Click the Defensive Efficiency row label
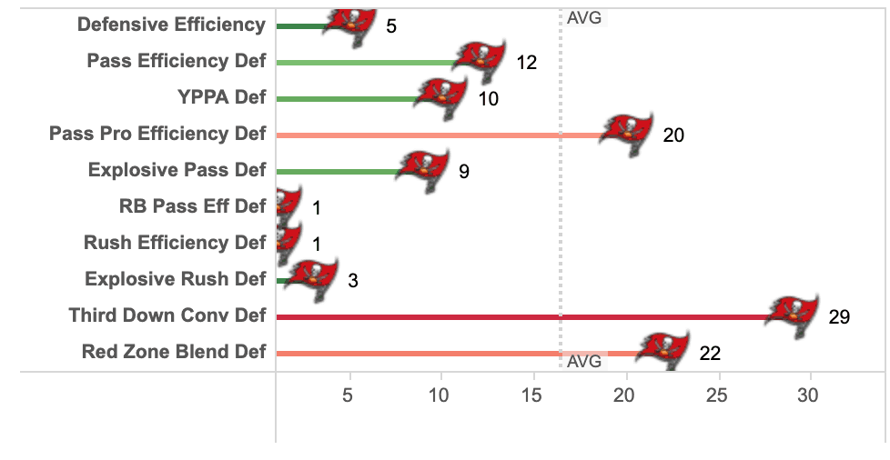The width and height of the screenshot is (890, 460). click(171, 25)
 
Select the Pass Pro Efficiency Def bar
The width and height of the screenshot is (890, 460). click(437, 135)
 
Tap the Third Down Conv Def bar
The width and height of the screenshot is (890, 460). click(519, 316)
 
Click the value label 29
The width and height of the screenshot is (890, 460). click(839, 317)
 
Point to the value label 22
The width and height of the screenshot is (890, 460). click(710, 354)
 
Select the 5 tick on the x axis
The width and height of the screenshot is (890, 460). click(348, 395)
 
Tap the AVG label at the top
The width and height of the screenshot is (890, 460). click(583, 17)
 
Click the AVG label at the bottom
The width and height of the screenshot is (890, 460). click(583, 361)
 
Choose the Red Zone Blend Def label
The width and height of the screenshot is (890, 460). click(174, 352)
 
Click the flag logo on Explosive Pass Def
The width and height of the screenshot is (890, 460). click(423, 170)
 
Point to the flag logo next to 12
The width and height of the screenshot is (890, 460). click(480, 61)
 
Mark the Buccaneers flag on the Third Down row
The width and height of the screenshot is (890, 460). click(792, 314)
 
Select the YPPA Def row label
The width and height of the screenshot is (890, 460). click(221, 97)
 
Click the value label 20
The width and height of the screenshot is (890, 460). click(673, 135)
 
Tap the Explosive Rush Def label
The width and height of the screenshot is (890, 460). click(176, 279)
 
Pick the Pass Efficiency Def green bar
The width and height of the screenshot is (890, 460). click(364, 63)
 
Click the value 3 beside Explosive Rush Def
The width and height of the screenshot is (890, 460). click(353, 281)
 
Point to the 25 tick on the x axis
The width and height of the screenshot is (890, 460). click(717, 395)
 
